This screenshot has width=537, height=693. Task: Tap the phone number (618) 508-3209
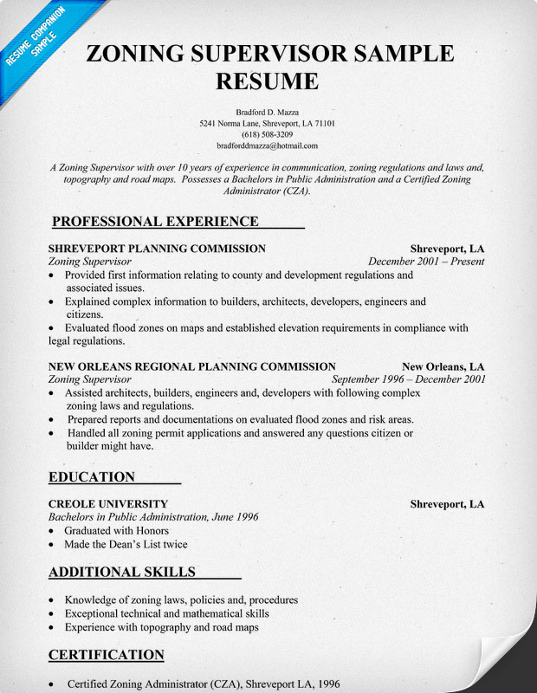[x=268, y=135]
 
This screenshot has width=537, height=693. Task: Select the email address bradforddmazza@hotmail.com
[x=268, y=146]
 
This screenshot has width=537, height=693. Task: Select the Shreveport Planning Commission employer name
[x=157, y=249]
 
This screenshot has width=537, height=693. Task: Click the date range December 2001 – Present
[x=426, y=261]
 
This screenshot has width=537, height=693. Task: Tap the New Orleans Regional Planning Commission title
[x=191, y=366]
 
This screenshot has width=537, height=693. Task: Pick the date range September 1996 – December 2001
[x=409, y=379]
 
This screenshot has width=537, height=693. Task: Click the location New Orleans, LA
[x=443, y=366]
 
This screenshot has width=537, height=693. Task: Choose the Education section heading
[x=92, y=476]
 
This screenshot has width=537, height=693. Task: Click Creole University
[x=108, y=504]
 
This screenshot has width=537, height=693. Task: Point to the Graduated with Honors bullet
[x=117, y=530]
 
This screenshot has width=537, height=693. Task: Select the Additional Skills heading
[x=122, y=572]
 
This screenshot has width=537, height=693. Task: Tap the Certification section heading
[x=106, y=654]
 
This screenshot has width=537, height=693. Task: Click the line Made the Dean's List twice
[x=126, y=544]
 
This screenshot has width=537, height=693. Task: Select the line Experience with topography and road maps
[x=162, y=626]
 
